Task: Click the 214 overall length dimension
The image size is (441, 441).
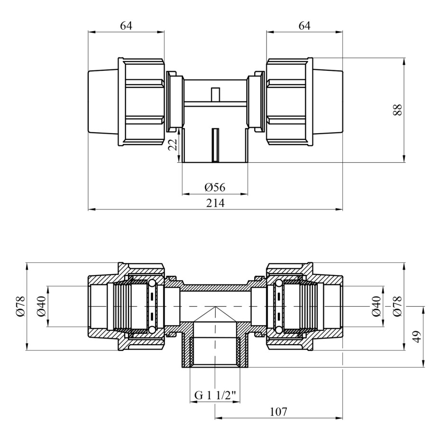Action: click(215, 202)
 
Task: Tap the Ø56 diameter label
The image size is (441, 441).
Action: click(215, 187)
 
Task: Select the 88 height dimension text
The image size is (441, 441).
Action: click(398, 110)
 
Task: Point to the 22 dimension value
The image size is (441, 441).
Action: click(173, 145)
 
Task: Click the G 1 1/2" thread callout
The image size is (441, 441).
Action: click(215, 395)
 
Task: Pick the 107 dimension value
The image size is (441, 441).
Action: click(278, 412)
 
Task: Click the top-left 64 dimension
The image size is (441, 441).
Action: click(126, 26)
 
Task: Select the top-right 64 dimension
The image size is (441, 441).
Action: click(304, 26)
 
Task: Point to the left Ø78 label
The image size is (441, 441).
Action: click(22, 306)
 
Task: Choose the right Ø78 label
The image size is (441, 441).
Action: click(398, 306)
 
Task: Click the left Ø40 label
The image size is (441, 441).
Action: click(41, 306)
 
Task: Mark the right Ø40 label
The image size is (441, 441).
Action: click(377, 306)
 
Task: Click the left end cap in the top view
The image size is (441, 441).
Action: click(103, 101)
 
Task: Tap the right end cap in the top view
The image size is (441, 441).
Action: click(328, 101)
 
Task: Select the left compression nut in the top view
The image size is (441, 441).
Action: click(141, 101)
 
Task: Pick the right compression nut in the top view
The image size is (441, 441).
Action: click(290, 101)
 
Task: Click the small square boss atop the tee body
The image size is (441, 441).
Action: click(215, 94)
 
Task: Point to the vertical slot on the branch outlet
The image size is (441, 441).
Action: click(215, 145)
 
